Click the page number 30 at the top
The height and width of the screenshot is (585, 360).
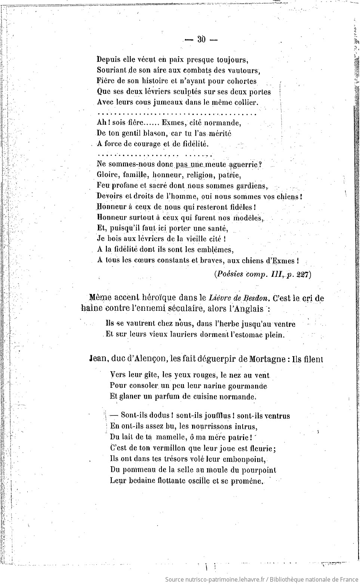click(201, 39)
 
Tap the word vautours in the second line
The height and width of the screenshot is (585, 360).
click(244, 70)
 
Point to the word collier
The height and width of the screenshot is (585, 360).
click(245, 102)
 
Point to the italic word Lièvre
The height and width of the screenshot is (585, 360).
click(220, 298)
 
